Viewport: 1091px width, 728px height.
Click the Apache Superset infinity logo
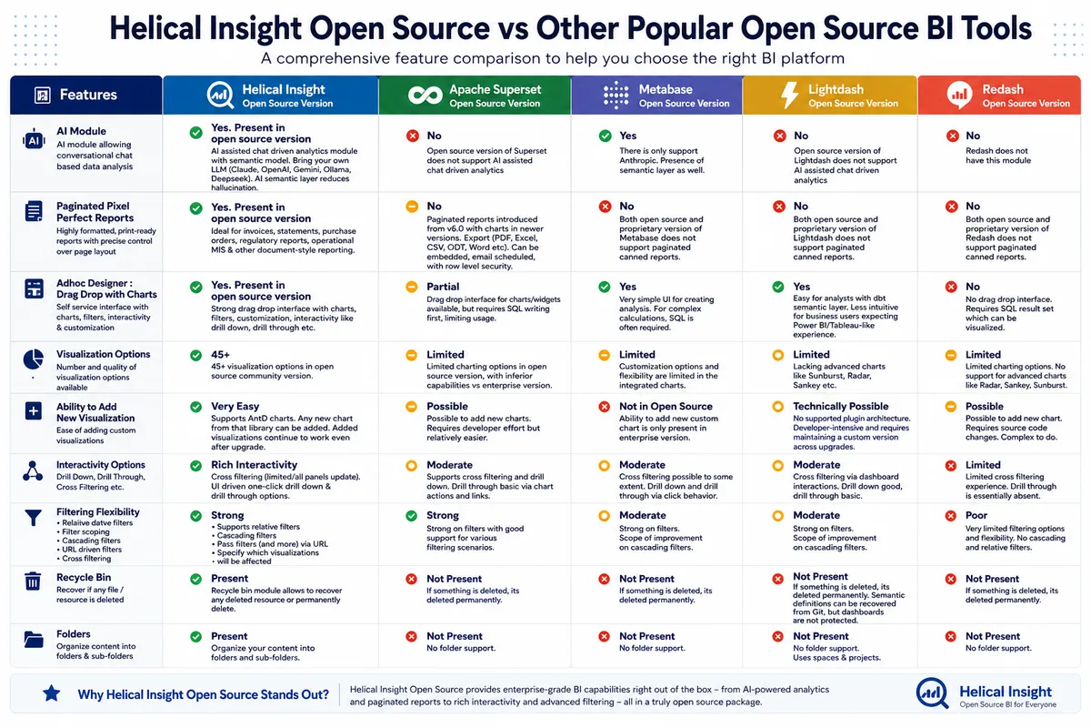tap(425, 95)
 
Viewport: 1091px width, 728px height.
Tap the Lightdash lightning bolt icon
tap(789, 95)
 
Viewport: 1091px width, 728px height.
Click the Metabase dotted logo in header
tap(616, 95)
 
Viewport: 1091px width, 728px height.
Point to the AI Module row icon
tap(34, 141)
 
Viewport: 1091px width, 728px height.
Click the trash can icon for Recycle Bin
tap(33, 581)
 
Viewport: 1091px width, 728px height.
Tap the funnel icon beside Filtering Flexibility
tap(33, 518)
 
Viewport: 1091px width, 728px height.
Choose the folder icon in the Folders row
tap(34, 639)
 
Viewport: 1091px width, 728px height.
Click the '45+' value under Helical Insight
tap(220, 355)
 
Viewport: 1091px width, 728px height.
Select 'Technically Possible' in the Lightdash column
tap(841, 406)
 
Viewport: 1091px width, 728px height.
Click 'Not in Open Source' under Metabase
tap(666, 406)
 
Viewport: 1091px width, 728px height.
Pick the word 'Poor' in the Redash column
tap(976, 515)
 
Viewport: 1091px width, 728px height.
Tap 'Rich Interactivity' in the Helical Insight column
tap(254, 465)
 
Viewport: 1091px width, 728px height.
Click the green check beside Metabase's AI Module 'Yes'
tap(605, 136)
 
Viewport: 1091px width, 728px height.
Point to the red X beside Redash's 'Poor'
tap(951, 516)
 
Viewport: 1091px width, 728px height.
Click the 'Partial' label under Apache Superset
tap(443, 287)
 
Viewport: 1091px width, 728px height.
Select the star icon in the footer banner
tap(51, 693)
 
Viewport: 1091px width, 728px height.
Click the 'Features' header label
tap(88, 95)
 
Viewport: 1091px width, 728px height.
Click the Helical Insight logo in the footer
tap(932, 693)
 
